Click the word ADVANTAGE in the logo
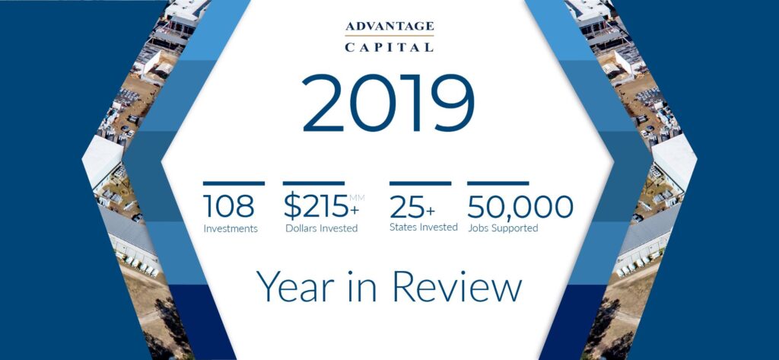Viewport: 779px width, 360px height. click(389, 27)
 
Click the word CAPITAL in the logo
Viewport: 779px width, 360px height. click(389, 46)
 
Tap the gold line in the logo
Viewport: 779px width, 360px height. click(389, 37)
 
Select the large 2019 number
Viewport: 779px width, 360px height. click(388, 104)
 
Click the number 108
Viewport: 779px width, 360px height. click(229, 206)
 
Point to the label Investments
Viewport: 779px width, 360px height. click(231, 228)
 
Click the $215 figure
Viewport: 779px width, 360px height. click(313, 207)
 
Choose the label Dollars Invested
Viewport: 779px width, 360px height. click(321, 228)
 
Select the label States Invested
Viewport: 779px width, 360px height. click(423, 228)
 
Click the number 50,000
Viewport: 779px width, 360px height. click(520, 207)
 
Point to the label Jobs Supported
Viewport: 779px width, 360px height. click(503, 228)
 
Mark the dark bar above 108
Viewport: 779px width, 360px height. click(234, 183)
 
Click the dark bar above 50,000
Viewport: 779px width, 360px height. click(498, 183)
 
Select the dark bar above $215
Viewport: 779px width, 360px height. click(313, 183)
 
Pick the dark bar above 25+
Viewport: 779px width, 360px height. click(420, 183)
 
